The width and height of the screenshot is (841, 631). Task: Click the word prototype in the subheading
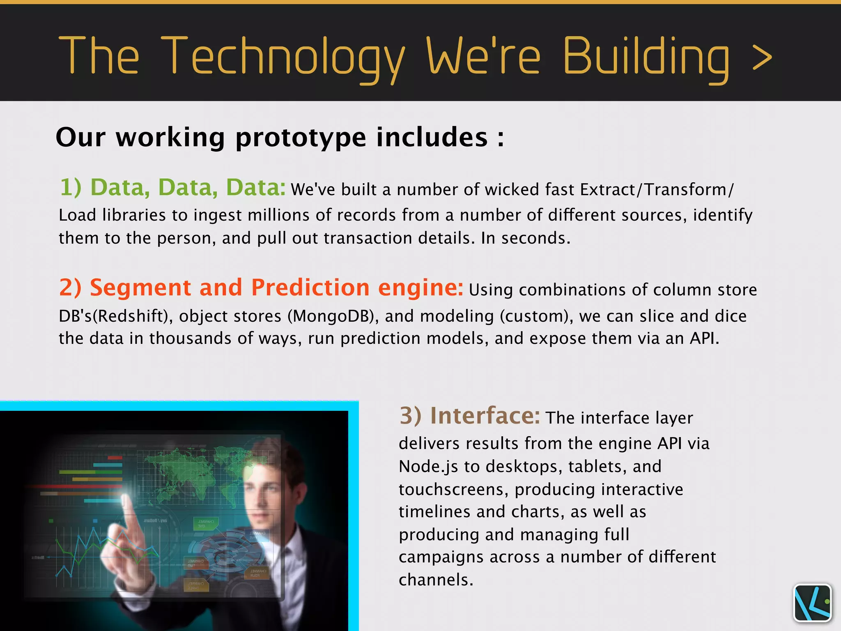point(301,137)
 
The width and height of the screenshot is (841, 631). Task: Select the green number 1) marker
point(71,187)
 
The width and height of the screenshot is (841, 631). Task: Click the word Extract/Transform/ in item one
point(657,190)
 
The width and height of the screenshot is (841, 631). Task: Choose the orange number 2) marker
point(70,287)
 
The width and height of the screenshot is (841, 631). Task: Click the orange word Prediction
point(310,287)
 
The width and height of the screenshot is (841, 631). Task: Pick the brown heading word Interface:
point(485,416)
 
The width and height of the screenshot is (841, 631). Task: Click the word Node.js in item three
point(428,467)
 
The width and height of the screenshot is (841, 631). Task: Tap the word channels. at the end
point(436,580)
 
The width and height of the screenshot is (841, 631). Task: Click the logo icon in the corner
point(812,603)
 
